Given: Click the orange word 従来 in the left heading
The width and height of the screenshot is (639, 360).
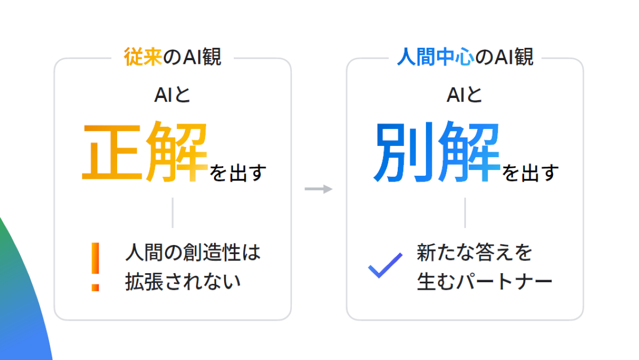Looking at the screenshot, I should tap(142, 58).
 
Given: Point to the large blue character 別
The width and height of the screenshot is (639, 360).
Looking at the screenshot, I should tap(404, 152).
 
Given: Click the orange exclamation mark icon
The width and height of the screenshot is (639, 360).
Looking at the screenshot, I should tap(95, 267).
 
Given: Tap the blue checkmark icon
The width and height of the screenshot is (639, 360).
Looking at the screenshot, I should tap(385, 265).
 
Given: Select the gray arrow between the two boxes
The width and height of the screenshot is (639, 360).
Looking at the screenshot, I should tap(318, 189).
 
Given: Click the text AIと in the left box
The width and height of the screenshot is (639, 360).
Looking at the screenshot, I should tap(172, 95).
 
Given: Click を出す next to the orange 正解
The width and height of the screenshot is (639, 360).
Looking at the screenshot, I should tap(237, 173).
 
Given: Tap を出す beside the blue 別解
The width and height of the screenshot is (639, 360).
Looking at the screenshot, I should tap(530, 173).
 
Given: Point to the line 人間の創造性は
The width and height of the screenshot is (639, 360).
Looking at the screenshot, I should tap(193, 252).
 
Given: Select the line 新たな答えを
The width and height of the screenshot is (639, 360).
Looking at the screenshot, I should tap(474, 252).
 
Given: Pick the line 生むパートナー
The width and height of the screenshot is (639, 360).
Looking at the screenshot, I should tap(484, 282).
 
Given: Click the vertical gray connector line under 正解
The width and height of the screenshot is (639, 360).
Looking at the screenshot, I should tap(173, 212).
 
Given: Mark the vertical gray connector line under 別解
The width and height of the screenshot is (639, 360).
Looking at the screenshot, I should tap(465, 212).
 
